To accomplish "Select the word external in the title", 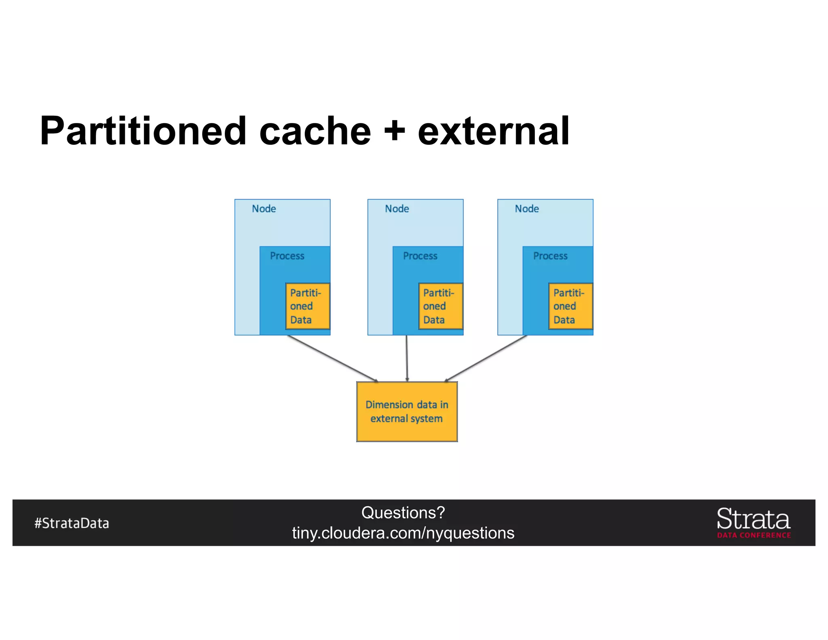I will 494,131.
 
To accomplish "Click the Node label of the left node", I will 264,209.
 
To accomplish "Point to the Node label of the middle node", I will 397,209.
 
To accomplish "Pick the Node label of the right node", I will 526,209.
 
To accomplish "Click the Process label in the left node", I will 287,256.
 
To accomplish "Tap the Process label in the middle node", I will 420,256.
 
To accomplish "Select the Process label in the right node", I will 550,256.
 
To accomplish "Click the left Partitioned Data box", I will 308,306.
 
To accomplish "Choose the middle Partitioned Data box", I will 441,306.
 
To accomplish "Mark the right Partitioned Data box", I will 570,306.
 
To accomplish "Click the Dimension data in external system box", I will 407,412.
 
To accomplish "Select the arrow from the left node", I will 332,358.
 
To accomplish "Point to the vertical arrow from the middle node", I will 407,358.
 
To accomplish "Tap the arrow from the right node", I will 486,358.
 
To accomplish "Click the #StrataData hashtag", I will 72,523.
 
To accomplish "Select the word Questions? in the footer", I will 403,513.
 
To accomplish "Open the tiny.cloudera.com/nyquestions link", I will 403,533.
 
